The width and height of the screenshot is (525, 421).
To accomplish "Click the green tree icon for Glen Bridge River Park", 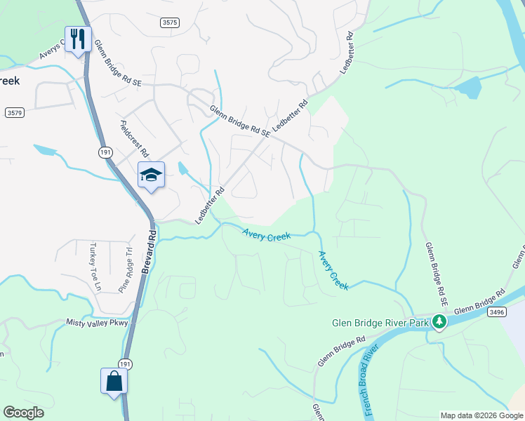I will pos(440,322).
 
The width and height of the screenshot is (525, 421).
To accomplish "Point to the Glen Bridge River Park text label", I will pos(380,323).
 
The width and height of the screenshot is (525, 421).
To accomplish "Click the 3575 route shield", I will pos(169,22).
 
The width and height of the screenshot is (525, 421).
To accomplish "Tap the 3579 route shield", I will pos(14,112).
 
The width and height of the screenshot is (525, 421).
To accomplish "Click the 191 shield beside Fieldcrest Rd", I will pos(105,152).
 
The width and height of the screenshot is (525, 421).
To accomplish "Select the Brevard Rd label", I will pos(148,250).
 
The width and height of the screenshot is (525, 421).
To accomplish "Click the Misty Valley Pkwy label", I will pos(98,323).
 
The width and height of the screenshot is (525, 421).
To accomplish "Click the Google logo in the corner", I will pos(23,412).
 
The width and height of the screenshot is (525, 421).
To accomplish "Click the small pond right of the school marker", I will pos(183,168).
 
